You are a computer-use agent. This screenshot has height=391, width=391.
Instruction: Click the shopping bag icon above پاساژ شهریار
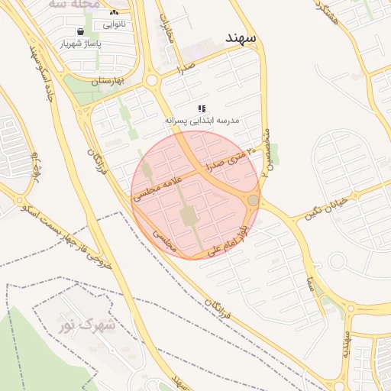click(81, 32)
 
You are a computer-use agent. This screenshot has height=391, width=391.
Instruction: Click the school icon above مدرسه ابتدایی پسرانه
click(202, 109)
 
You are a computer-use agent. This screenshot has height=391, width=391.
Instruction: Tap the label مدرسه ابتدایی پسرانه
click(202, 121)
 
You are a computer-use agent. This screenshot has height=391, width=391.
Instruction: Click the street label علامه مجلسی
click(156, 186)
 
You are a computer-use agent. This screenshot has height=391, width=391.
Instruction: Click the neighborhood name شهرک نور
click(89, 326)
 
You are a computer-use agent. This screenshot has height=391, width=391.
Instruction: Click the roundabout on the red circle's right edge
click(253, 200)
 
